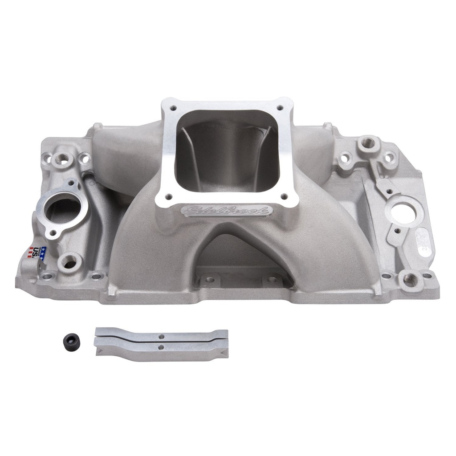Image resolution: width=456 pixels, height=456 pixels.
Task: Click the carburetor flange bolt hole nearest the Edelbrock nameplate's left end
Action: click(x=169, y=196)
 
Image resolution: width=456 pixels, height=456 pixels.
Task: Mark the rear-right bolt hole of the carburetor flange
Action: click(x=280, y=107)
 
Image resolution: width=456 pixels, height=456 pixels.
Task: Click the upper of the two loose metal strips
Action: click(x=161, y=335)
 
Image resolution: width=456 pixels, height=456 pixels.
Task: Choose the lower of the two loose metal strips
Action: click(x=161, y=348)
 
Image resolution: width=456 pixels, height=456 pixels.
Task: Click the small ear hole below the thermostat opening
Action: click(x=53, y=233)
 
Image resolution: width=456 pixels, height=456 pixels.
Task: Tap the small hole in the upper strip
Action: click(x=162, y=337)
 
